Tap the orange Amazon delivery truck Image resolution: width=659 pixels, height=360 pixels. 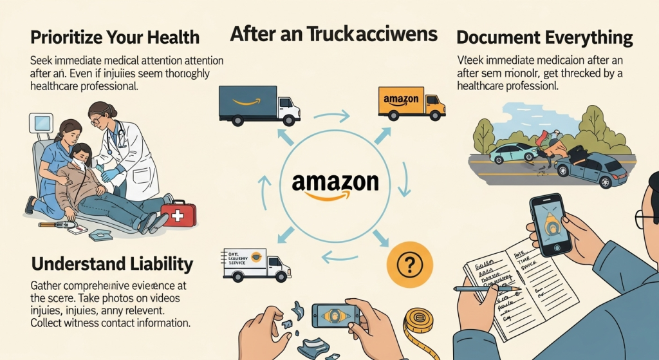point(410,103)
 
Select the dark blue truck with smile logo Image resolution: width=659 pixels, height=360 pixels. point(258,104)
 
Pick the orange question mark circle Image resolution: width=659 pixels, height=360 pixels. point(409,263)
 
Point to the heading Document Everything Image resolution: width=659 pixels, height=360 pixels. point(545,37)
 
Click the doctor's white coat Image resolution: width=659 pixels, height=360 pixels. point(133,155)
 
